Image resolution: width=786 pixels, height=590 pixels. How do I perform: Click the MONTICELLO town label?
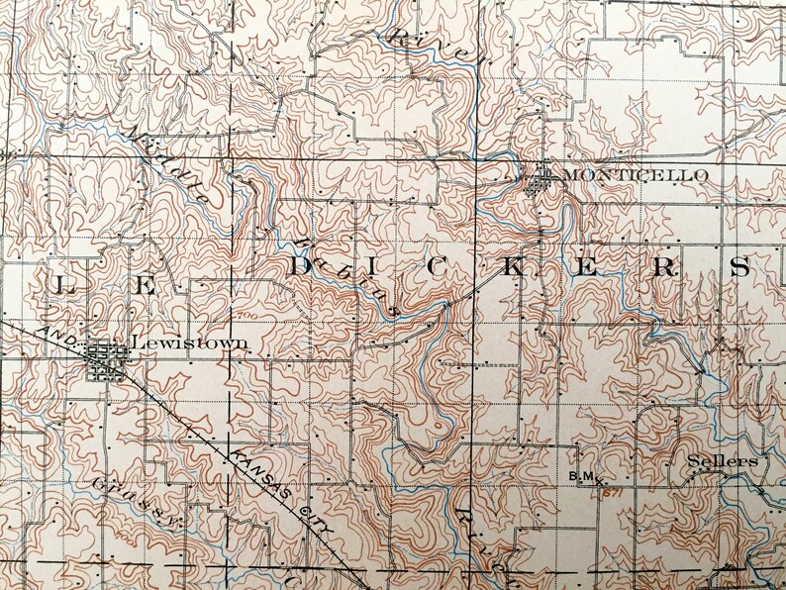click(x=636, y=175)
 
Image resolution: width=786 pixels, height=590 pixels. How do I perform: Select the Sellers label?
click(x=724, y=461)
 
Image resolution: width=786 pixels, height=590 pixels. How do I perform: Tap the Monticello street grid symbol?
click(x=541, y=179)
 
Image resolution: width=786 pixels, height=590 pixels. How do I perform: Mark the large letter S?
click(x=739, y=266)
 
